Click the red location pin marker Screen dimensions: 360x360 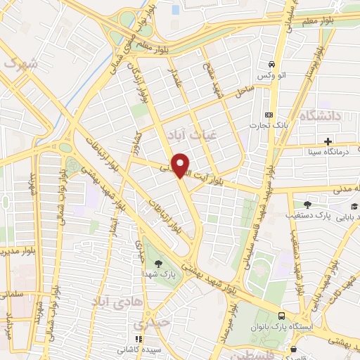click(x=181, y=165)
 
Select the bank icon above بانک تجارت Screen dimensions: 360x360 click(x=269, y=115)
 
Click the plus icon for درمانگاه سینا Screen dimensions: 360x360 click(x=328, y=141)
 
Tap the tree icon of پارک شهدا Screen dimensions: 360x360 click(x=157, y=263)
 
